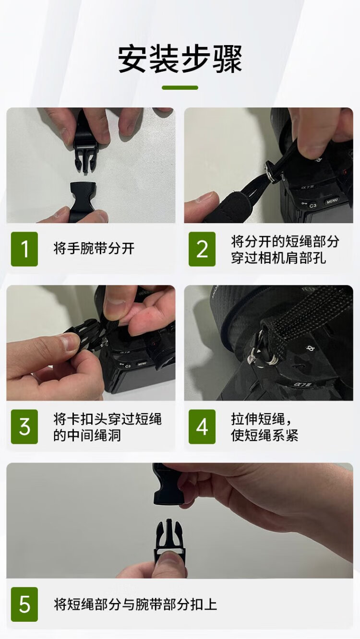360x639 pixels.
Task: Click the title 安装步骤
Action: tap(180, 59)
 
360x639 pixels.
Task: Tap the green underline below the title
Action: tap(180, 88)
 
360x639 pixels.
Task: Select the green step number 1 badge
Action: tap(24, 249)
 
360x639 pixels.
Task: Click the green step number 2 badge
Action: tap(202, 249)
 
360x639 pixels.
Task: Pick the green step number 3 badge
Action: tap(24, 427)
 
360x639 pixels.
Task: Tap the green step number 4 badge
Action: tap(202, 427)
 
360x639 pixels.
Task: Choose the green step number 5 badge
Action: tap(24, 604)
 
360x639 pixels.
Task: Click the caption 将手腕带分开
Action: tap(94, 248)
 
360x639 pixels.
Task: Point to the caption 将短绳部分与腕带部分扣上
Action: tap(135, 604)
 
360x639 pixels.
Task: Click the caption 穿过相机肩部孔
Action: tap(278, 258)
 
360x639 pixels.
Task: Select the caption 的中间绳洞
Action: tap(87, 435)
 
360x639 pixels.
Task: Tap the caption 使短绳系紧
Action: tap(264, 435)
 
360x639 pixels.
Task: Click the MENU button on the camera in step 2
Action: tap(332, 201)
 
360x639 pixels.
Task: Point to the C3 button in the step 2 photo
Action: tap(313, 205)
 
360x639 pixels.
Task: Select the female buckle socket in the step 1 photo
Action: tap(82, 201)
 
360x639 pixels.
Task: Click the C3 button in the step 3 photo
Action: tap(127, 366)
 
